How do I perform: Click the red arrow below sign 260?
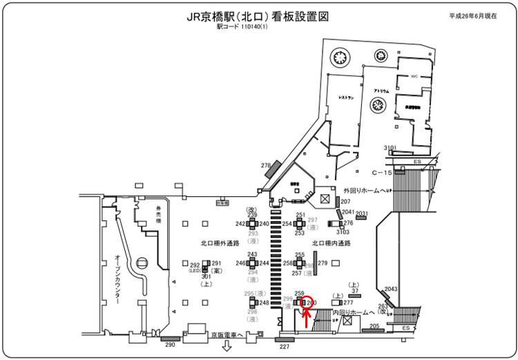[x=307, y=319]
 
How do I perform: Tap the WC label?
[x=415, y=76]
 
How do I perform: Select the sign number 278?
[x=265, y=165]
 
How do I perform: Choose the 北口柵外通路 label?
[x=220, y=243]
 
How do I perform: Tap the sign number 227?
[x=284, y=347]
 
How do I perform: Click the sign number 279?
[x=323, y=263]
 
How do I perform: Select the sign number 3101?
[x=390, y=148]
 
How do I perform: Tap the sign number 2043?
[x=392, y=289]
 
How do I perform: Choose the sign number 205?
[x=374, y=325]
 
